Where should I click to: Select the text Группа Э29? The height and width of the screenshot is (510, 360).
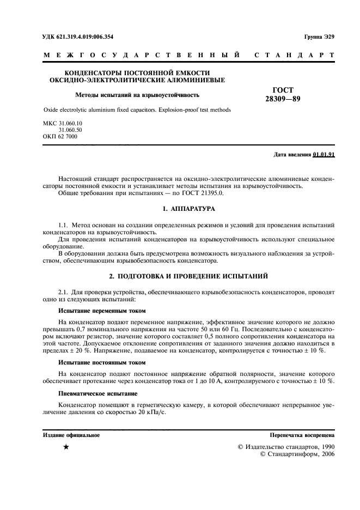click(318, 37)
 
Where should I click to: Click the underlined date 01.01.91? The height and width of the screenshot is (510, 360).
click(324, 155)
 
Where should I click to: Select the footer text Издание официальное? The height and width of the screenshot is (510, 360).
click(71, 435)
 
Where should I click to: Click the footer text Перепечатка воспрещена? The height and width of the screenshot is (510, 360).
click(302, 435)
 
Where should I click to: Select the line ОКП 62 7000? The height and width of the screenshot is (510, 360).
click(60, 137)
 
